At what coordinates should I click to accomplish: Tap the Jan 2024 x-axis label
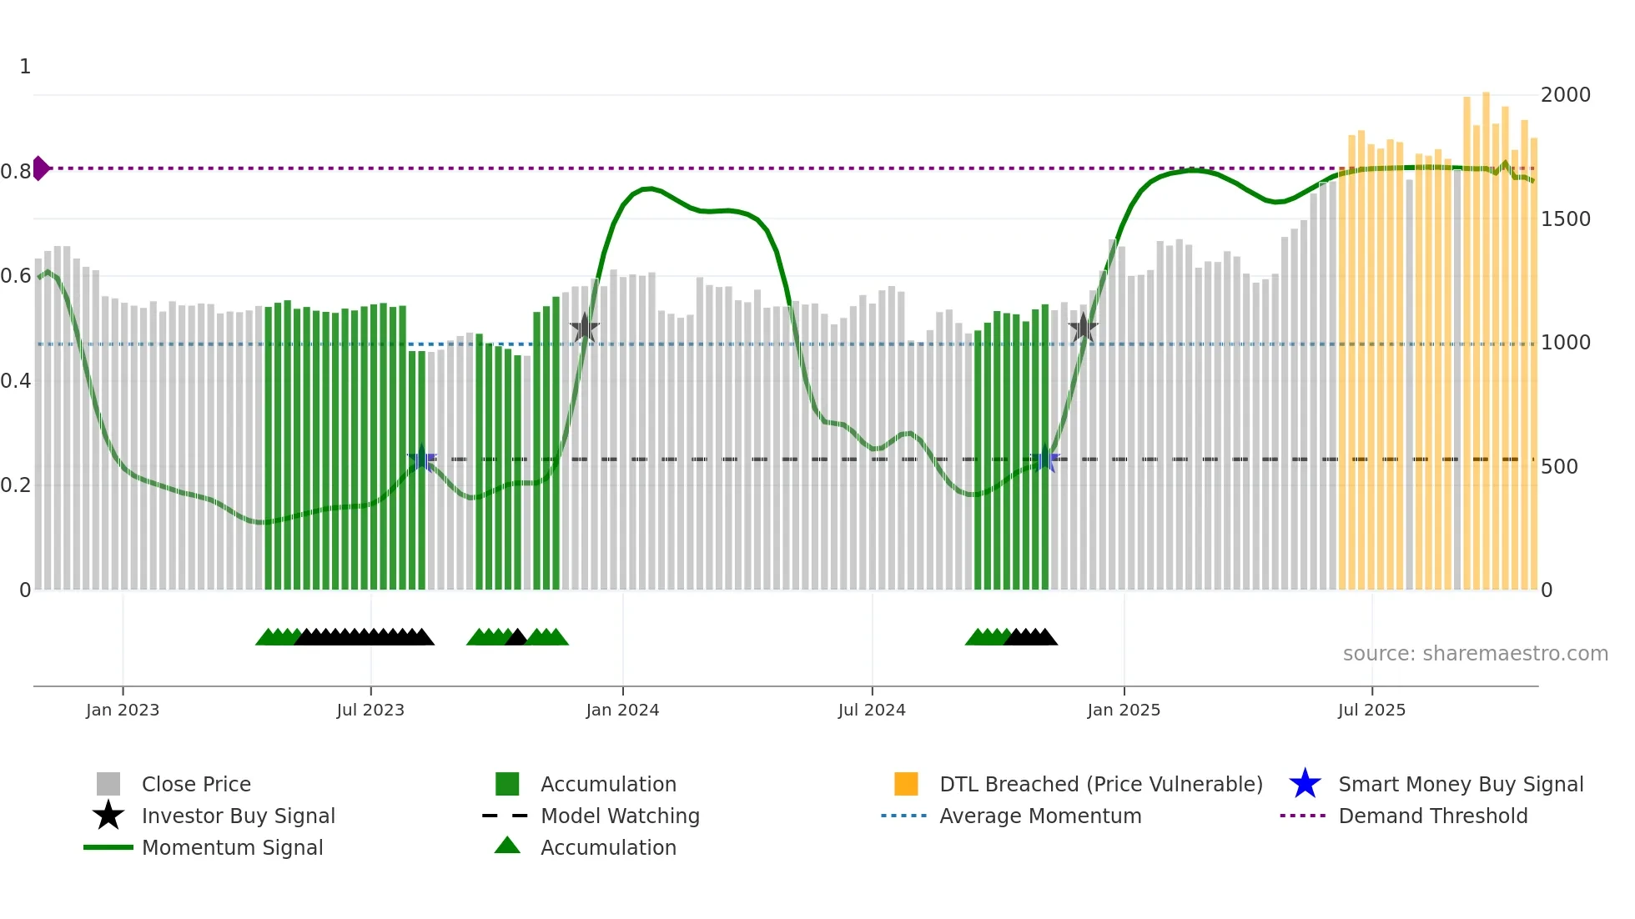(622, 710)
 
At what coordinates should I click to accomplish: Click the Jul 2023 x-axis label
(370, 710)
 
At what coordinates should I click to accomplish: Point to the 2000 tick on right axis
(1565, 95)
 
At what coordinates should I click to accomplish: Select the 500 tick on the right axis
(1559, 467)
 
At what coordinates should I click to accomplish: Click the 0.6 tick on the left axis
(16, 276)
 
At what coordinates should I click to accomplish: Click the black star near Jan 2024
(584, 329)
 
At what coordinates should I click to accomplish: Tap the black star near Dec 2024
(1083, 329)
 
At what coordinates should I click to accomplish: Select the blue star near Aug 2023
(422, 459)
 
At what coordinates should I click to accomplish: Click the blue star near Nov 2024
(1044, 459)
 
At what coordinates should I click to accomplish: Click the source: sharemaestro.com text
(1475, 654)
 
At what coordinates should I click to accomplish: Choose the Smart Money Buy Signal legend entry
(1460, 785)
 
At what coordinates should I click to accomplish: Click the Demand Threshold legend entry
(1432, 816)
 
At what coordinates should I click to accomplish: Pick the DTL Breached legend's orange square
(906, 784)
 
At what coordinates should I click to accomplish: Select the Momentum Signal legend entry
(232, 848)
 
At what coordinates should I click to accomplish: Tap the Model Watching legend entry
(620, 816)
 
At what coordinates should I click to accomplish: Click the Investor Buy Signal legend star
(108, 816)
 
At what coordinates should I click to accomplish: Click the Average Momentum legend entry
(1039, 816)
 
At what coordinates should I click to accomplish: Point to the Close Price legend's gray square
(108, 784)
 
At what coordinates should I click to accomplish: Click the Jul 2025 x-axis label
(1371, 710)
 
